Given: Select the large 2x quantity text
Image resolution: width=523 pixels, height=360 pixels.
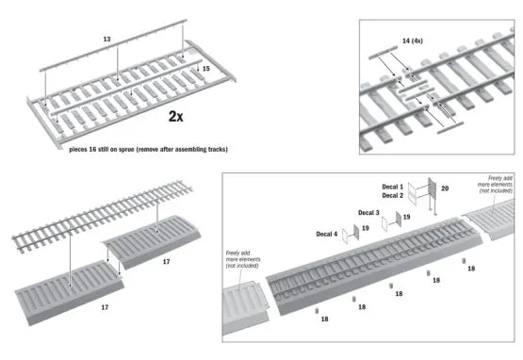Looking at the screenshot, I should pos(182,117).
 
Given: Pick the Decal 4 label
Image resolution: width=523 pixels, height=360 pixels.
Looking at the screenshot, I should pos(324,233).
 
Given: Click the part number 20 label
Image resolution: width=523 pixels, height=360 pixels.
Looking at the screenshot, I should pos(445,189).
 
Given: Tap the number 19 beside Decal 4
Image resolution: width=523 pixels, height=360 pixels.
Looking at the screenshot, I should pos(362,227).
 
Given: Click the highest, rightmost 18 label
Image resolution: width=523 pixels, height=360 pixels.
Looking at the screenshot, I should pos(471,269).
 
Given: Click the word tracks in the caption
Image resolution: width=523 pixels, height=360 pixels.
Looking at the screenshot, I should pos(215,149).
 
